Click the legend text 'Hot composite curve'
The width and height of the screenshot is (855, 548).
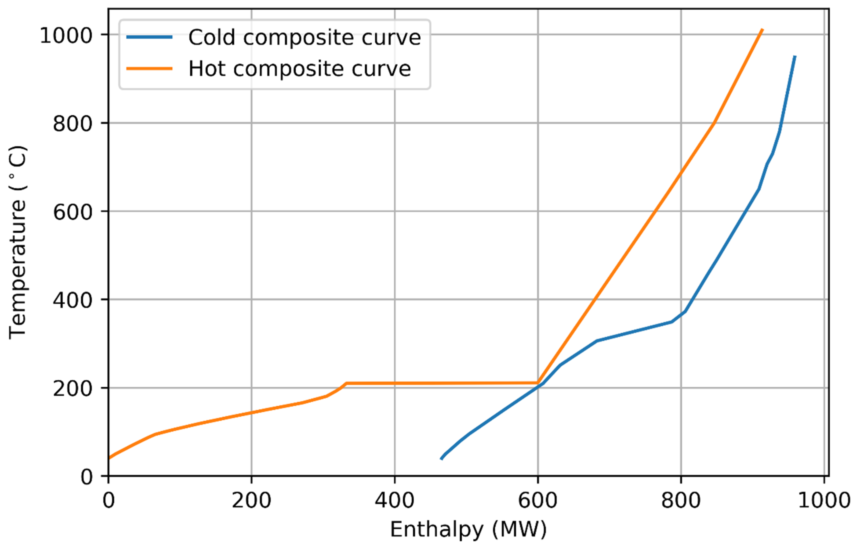tap(299, 69)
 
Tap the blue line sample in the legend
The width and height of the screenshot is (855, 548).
tap(149, 37)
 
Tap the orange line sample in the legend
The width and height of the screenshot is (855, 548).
tap(149, 69)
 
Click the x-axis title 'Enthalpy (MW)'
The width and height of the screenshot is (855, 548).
tap(468, 529)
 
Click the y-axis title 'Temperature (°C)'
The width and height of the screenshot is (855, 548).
tap(18, 242)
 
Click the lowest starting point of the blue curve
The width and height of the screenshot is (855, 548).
tap(441, 459)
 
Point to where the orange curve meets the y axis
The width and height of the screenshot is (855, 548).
tap(109, 458)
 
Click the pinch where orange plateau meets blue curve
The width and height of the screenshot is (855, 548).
tap(538, 384)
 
